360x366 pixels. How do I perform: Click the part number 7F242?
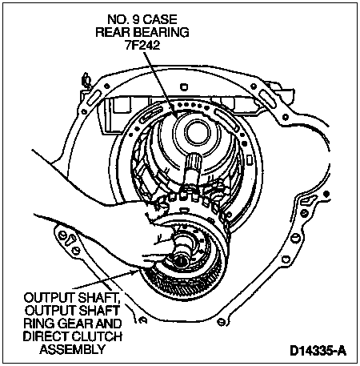coord(142,45)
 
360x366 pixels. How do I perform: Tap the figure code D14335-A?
coord(318,351)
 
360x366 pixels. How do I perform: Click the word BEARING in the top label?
coord(161,32)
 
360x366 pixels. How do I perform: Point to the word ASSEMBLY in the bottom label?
coord(72,348)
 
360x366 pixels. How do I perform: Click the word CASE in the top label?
coord(160,19)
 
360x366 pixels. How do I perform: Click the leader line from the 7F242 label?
coord(159,84)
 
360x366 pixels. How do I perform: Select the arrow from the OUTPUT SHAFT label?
coord(105,280)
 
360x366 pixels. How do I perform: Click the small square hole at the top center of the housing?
coord(184,86)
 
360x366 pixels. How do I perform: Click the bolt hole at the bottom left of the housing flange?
coord(63,235)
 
